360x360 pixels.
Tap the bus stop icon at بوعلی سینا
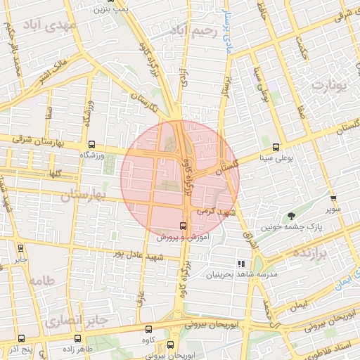pos(276,148)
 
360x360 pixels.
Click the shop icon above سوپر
pos(333,198)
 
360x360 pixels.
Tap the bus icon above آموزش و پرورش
pos(183,226)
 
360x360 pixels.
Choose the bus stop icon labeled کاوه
pos(148,329)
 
